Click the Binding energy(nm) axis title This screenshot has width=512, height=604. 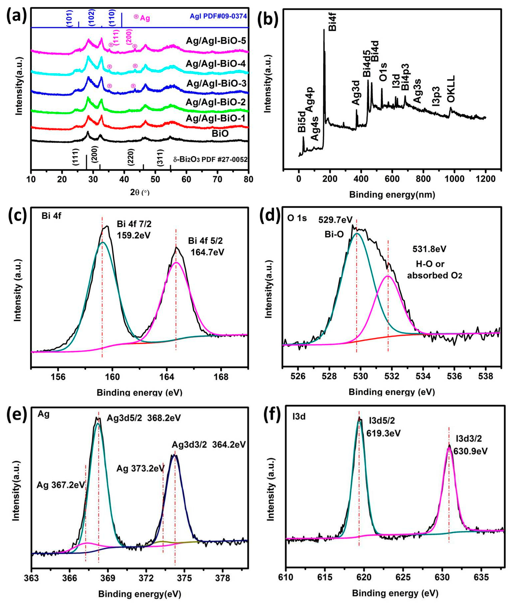(392, 195)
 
